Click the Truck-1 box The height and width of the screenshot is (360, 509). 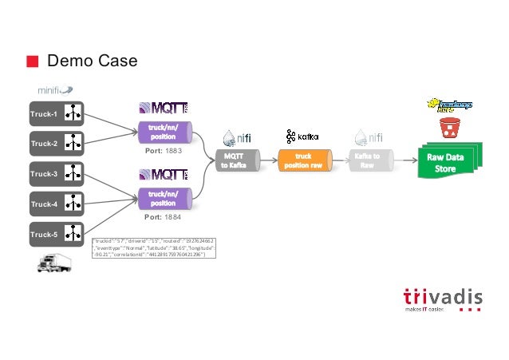point(56,113)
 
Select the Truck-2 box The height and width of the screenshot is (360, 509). point(56,144)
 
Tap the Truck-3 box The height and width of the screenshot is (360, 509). point(56,173)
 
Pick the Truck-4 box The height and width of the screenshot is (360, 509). point(56,204)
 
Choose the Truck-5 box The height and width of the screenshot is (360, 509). point(56,234)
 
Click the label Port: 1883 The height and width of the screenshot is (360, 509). point(164,149)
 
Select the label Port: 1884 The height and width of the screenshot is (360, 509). point(163,216)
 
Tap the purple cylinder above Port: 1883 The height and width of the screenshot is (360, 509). point(164,131)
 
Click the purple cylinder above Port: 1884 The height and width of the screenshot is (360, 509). point(164,198)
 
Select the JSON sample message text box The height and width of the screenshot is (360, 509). point(155,247)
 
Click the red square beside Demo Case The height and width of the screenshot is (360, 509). point(32,61)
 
